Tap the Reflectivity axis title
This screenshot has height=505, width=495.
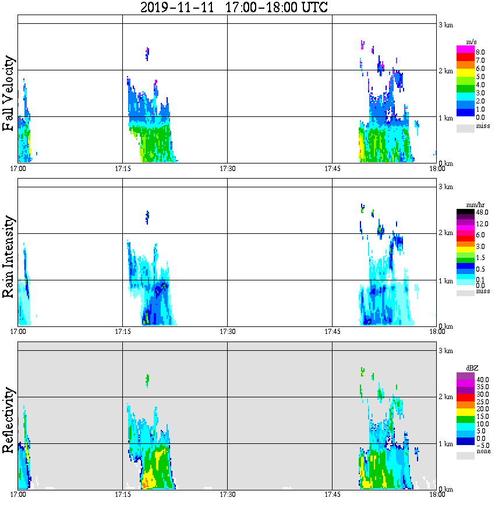[9, 420]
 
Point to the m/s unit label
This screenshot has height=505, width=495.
[472, 42]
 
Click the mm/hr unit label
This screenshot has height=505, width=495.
[472, 205]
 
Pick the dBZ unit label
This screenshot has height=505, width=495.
[472, 368]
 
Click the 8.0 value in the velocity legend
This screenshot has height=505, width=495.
[480, 52]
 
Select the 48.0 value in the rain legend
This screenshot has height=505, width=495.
[480, 213]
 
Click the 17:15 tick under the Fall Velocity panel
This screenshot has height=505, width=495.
[122, 169]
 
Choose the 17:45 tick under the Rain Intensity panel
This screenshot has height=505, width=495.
[331, 332]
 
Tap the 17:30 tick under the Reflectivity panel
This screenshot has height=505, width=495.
[227, 495]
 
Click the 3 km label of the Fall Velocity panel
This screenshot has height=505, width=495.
[446, 24]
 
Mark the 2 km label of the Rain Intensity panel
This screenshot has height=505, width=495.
[446, 233]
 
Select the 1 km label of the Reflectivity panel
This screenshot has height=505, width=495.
[446, 443]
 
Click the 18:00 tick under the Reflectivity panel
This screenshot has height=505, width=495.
[437, 495]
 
